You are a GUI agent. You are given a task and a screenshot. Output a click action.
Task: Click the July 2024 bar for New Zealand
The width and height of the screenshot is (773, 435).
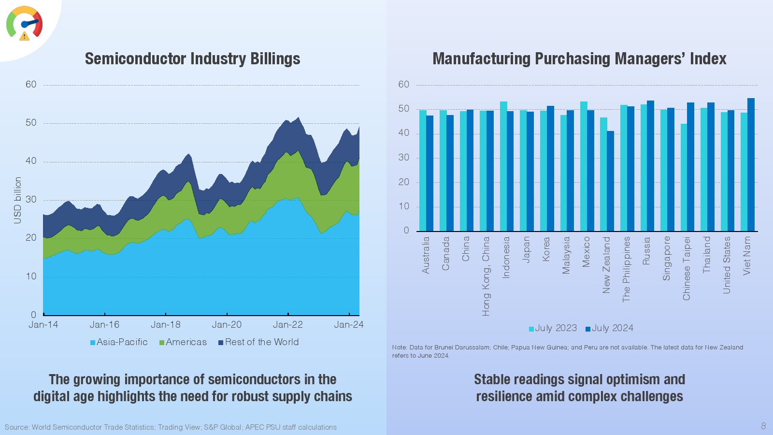tap(611, 181)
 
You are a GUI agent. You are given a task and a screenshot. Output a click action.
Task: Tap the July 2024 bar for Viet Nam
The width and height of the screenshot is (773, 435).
tap(751, 165)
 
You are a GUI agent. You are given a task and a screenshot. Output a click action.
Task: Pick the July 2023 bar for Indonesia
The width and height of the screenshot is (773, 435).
tap(503, 166)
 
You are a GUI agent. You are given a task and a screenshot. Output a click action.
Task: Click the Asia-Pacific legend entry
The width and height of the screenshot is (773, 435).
tap(119, 342)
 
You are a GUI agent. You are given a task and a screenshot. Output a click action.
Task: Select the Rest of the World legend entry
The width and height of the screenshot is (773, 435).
tap(258, 342)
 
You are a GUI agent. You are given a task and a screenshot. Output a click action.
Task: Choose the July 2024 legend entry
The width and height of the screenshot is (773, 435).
tap(609, 328)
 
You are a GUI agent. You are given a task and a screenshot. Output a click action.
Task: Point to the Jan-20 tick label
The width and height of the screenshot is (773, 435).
tap(227, 325)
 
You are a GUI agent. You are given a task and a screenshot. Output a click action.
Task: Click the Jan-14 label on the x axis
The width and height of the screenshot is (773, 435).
tap(43, 325)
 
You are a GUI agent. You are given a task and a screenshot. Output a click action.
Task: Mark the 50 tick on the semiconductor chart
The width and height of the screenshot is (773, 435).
tap(31, 123)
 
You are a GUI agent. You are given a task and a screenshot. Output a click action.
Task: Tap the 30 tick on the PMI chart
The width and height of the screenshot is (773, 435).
tap(403, 158)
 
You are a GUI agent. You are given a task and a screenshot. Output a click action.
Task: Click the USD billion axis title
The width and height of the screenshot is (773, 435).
tap(18, 200)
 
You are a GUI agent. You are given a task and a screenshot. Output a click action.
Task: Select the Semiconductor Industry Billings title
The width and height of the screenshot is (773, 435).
tap(192, 59)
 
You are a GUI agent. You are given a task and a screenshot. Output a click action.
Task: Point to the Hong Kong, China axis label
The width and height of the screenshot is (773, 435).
tap(486, 276)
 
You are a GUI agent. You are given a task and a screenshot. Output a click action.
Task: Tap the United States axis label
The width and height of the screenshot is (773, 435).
tap(727, 265)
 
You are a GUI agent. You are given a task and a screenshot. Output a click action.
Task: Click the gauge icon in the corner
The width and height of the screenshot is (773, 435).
tap(24, 23)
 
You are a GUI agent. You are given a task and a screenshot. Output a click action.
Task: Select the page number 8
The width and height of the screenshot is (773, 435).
tap(763, 426)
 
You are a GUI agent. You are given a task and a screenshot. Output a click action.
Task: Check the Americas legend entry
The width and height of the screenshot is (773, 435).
tap(183, 342)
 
